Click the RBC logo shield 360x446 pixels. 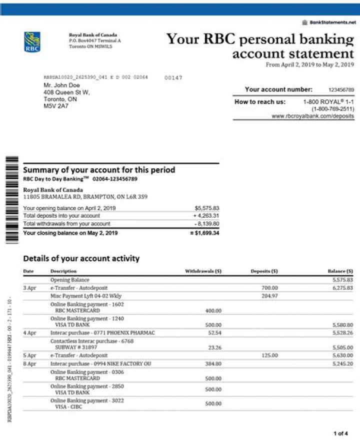32,42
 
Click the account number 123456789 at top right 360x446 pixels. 341,90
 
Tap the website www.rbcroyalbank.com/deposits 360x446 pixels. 312,116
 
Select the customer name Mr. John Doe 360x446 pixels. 61,85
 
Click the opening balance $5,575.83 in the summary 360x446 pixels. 206,208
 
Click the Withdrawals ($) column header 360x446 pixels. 203,271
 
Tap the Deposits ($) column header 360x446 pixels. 264,271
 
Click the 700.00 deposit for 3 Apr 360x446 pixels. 269,288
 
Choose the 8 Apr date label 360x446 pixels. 29,364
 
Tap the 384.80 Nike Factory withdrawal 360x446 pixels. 213,364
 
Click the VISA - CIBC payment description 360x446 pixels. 69,407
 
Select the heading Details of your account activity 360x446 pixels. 81,258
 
